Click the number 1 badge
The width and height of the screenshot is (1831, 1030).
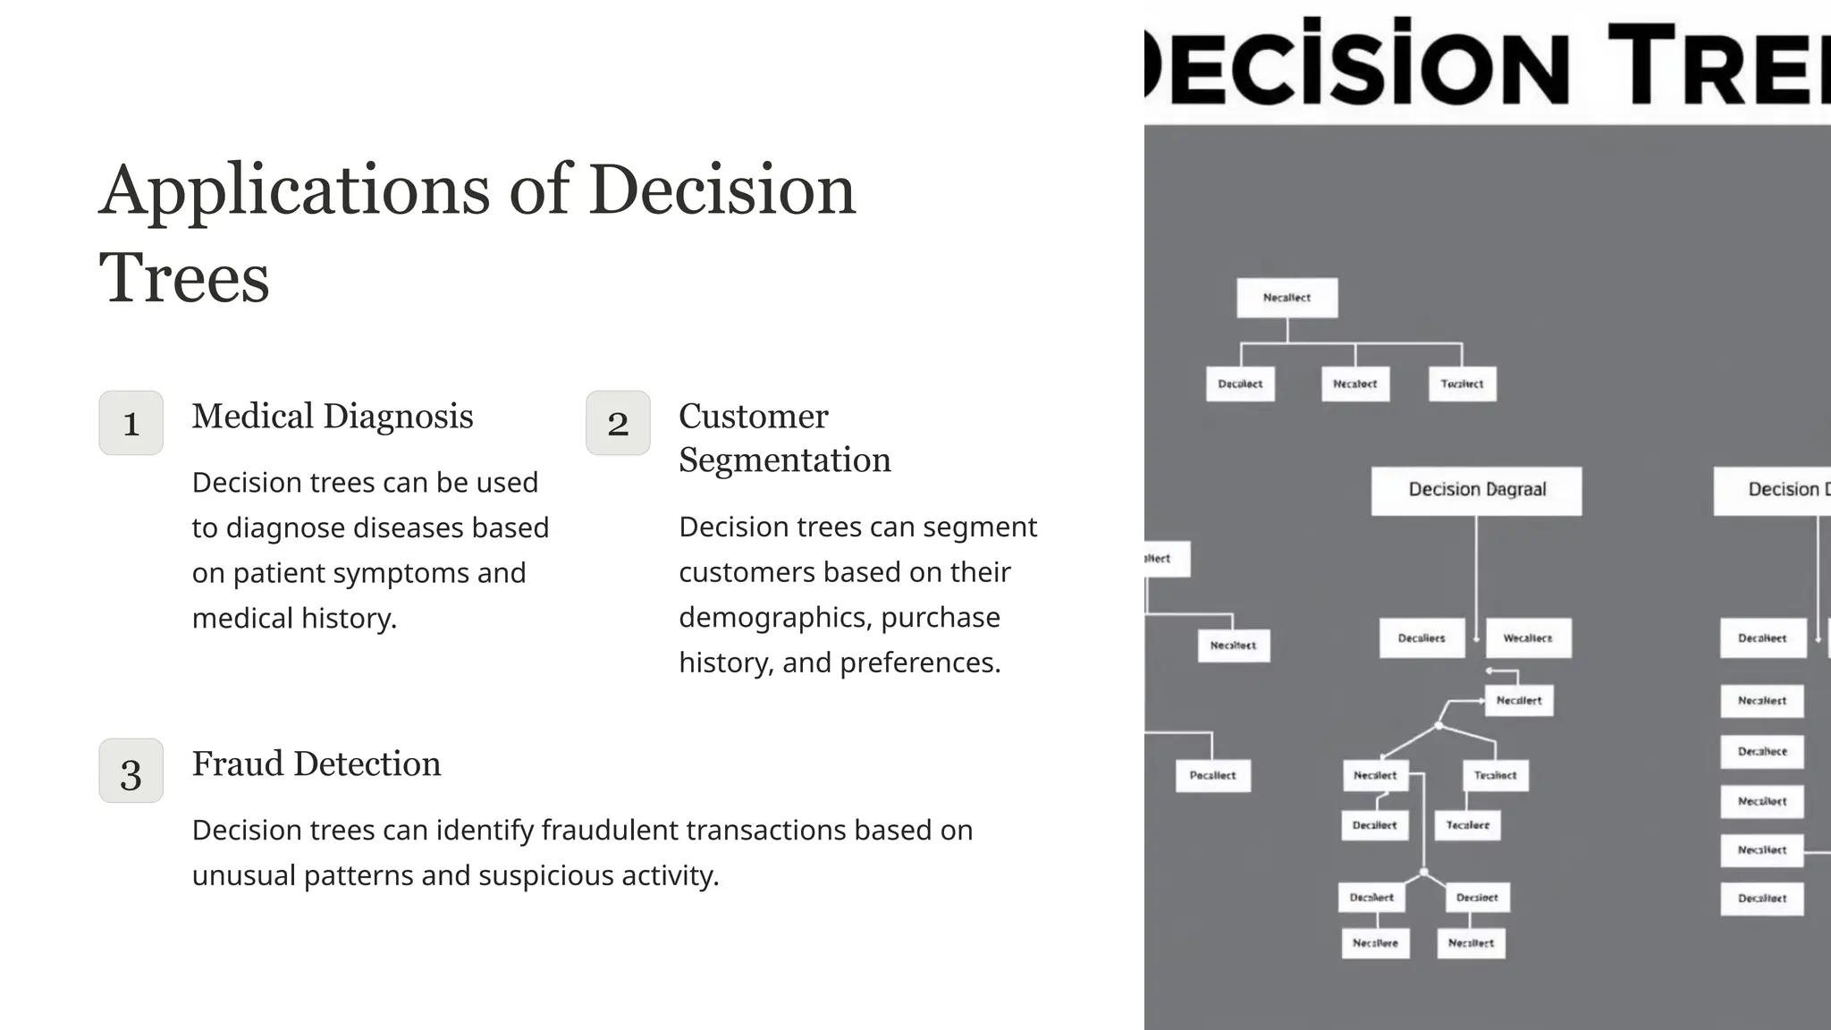point(131,423)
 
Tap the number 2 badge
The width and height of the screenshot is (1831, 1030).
point(618,423)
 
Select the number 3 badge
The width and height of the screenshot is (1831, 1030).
point(131,771)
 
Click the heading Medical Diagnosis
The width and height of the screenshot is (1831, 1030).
point(333,417)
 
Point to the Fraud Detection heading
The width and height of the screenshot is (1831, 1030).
point(316,764)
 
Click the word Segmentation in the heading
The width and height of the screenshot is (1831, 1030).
point(785,460)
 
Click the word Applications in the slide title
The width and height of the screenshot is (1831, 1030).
point(294,190)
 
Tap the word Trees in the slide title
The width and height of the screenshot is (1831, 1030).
point(184,278)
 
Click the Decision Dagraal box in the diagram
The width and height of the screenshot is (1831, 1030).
point(1476,490)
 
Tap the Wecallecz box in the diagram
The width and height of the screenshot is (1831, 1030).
point(1527,638)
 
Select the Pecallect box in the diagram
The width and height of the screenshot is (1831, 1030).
point(1212,775)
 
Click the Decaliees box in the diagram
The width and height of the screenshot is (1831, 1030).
point(1422,638)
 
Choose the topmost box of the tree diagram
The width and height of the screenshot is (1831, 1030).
point(1287,298)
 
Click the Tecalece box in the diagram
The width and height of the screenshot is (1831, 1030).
point(1467,825)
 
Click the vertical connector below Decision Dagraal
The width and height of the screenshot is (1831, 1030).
point(1476,572)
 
